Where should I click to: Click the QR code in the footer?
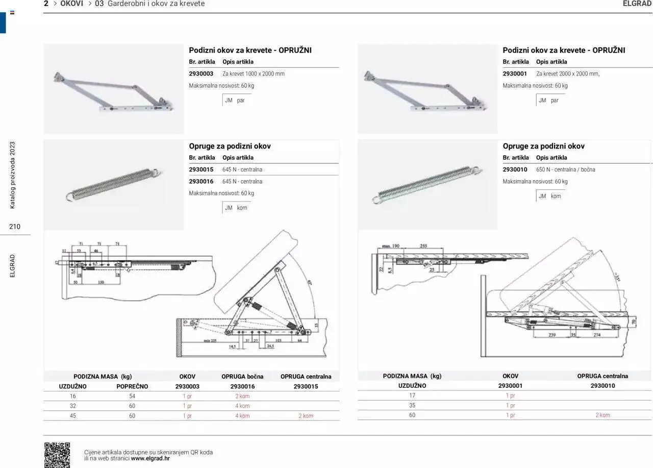pos(57,455)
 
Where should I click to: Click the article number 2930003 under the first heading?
pos(201,73)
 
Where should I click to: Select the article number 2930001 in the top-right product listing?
pos(515,73)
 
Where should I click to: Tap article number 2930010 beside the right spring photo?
pos(515,169)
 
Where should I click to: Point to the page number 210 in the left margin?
pos(15,227)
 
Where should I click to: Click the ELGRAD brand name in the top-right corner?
pos(637,4)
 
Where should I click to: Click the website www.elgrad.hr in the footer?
pos(150,458)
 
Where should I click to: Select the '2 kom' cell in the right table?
pos(602,415)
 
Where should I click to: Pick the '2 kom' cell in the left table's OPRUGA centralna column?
pos(305,416)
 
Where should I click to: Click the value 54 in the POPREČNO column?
pos(132,396)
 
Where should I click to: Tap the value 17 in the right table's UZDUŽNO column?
pos(412,396)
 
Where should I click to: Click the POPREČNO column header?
pos(132,386)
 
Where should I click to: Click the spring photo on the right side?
pos(428,185)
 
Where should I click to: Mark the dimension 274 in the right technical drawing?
pos(597,335)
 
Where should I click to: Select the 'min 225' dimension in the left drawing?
pos(210,340)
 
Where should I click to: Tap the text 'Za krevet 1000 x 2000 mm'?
pos(254,73)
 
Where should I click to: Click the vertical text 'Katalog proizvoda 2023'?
pos(13,175)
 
